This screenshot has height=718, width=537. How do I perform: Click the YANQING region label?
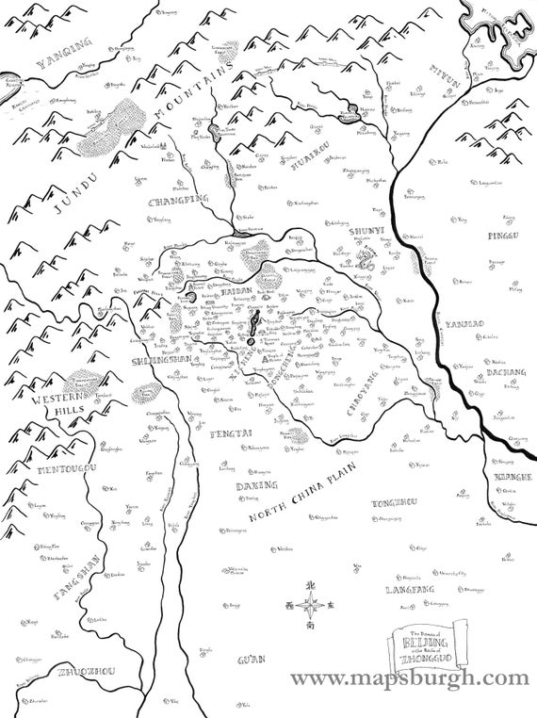(65, 53)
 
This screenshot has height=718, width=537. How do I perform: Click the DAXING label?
(254, 484)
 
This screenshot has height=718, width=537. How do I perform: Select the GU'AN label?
(252, 656)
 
